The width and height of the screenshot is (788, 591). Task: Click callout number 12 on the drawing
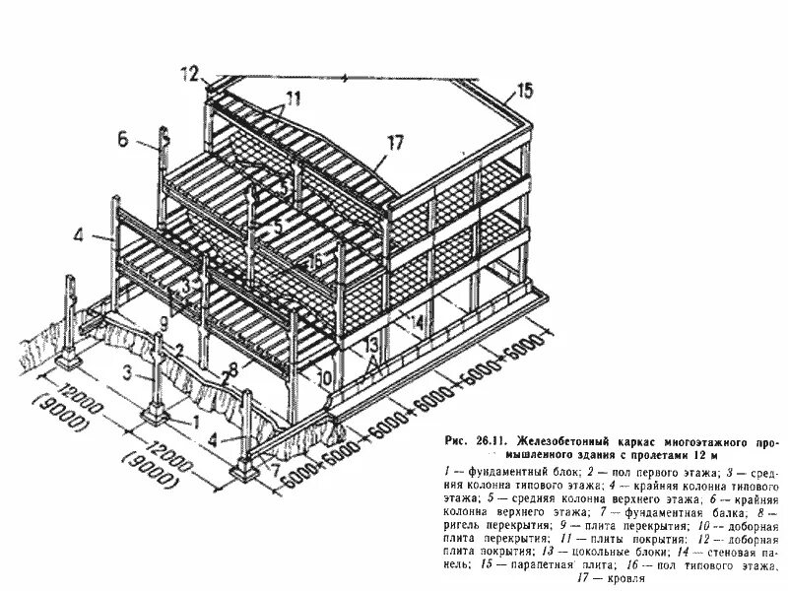coord(190,72)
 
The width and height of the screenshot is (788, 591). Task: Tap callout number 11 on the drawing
coord(294,98)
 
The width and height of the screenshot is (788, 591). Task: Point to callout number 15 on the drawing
coord(523,92)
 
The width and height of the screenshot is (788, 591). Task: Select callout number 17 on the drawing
coord(395,144)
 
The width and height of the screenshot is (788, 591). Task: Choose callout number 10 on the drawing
coord(324,375)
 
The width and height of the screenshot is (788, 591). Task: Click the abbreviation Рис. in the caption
coord(459,440)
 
